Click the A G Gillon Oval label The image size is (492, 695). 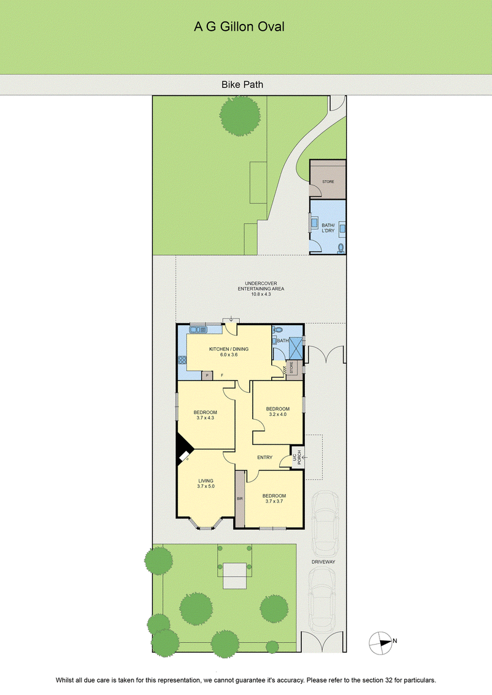(x=239, y=26)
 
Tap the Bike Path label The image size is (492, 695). (x=242, y=85)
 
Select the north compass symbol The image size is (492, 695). (x=381, y=642)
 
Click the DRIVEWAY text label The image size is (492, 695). (x=323, y=562)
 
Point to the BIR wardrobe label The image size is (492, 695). (x=240, y=498)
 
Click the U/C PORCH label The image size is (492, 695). (x=297, y=457)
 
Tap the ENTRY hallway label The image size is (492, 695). (x=265, y=457)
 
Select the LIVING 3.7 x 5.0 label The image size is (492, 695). (x=206, y=483)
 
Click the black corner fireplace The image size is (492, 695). (x=183, y=449)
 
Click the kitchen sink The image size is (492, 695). (x=198, y=329)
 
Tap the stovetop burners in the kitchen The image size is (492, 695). (x=182, y=360)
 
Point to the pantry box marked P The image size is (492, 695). (x=207, y=375)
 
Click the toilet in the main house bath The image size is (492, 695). (x=277, y=330)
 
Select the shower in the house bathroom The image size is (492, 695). (x=295, y=348)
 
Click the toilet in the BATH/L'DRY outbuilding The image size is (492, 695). (x=341, y=248)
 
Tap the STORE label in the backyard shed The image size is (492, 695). (x=328, y=182)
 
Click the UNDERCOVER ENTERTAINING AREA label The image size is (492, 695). (x=261, y=289)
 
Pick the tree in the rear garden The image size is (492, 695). (x=240, y=116)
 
